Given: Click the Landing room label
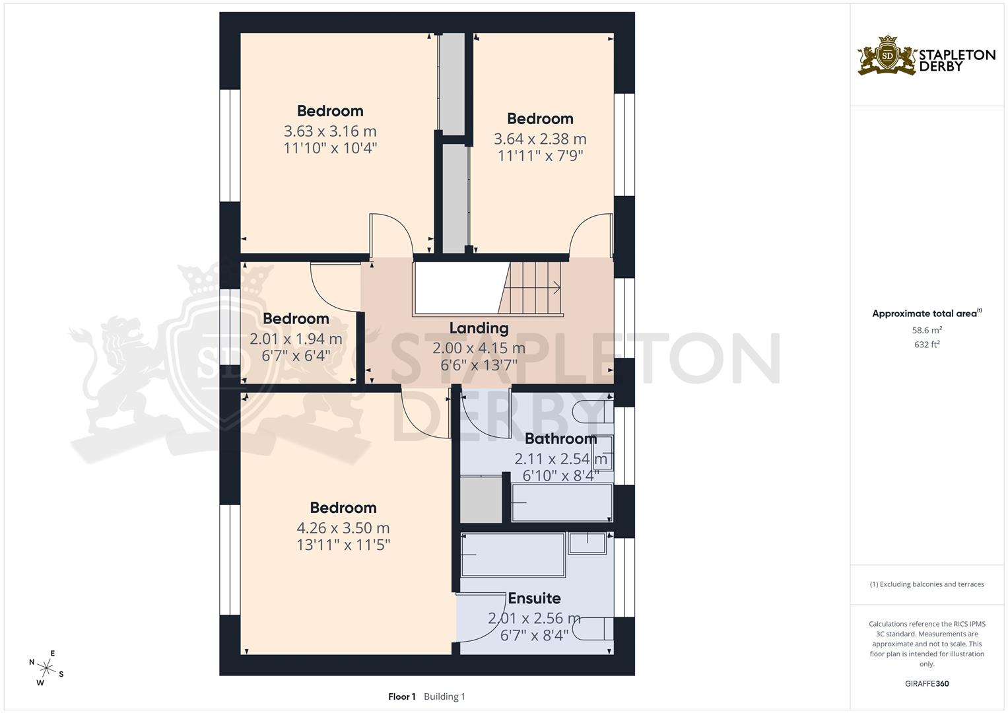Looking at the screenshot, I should click(479, 328).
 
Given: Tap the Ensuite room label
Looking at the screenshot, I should click(534, 598).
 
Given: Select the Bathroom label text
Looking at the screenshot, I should click(560, 438).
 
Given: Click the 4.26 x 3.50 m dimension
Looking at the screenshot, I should click(343, 528).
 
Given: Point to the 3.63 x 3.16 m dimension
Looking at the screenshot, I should click(330, 131).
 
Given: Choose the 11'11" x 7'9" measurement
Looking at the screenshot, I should click(540, 156).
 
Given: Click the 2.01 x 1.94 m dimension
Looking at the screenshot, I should click(296, 339).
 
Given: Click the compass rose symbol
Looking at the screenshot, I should click(46, 667).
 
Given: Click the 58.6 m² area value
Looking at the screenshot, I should click(926, 330).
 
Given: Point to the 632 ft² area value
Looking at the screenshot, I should click(926, 345).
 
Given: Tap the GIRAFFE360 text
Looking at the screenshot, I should click(926, 683).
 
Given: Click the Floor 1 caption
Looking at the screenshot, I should click(401, 696).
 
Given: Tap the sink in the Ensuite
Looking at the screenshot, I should click(587, 543).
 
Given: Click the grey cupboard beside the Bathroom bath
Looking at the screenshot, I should click(481, 499).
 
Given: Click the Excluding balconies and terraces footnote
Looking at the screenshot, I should click(926, 584).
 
